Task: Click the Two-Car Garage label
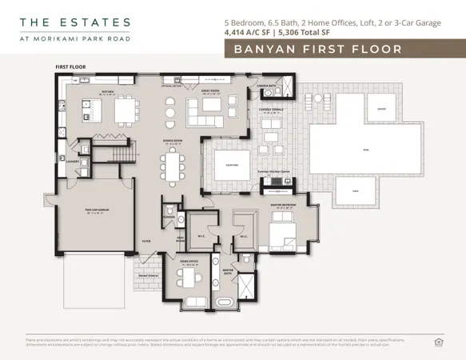tap(97, 211)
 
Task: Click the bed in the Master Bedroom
tap(281, 235)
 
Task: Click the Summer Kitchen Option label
tap(273, 170)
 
